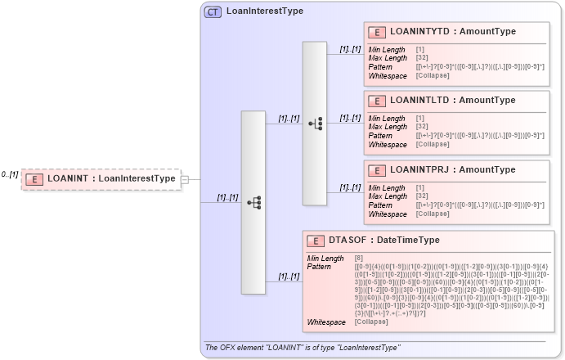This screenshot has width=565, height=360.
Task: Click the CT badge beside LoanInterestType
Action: click(213, 11)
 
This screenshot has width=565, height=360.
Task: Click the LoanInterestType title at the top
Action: click(264, 11)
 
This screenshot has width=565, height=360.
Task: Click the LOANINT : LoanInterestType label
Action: click(111, 178)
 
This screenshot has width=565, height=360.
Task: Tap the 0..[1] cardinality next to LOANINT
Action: click(9, 174)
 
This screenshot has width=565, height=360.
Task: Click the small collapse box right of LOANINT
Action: click(185, 178)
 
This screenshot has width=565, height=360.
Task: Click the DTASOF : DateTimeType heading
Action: click(383, 240)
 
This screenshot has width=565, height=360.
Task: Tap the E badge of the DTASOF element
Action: click(316, 241)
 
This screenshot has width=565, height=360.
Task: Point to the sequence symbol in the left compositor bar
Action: click(253, 201)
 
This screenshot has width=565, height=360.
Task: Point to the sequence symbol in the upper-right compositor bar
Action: click(315, 124)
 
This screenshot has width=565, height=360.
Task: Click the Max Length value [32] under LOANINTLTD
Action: click(420, 127)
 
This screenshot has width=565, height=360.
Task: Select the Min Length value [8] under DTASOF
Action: click(359, 259)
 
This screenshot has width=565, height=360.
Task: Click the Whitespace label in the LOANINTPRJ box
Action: click(387, 214)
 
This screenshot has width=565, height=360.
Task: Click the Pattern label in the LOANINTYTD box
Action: click(379, 66)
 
